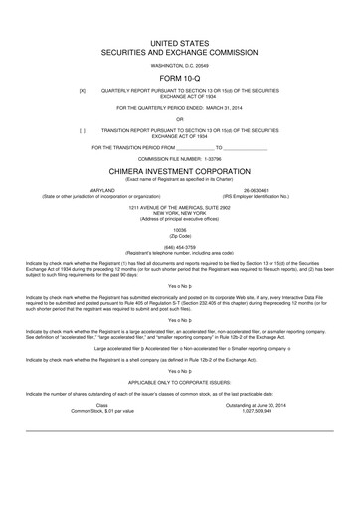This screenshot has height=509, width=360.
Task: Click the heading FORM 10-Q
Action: point(180,75)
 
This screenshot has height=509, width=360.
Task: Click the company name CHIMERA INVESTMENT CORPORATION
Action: point(180,169)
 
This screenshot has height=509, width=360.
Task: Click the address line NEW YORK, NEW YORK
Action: point(180,211)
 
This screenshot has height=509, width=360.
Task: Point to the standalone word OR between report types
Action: point(180,118)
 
